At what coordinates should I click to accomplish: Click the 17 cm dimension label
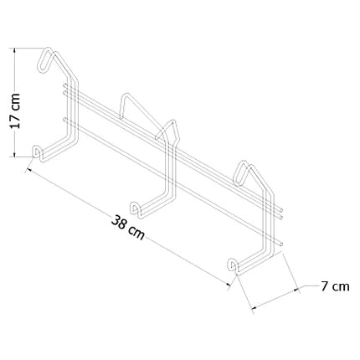(15, 111)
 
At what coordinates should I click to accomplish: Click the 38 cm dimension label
(128, 227)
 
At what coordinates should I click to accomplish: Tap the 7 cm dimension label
(335, 286)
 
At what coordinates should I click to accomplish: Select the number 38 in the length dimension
(119, 223)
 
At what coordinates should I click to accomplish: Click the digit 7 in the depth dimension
(324, 286)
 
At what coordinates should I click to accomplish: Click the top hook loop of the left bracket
(44, 60)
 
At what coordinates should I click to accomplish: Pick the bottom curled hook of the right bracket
(233, 265)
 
